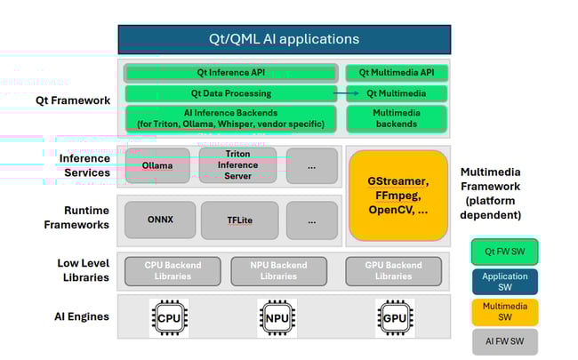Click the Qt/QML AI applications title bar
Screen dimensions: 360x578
click(284, 39)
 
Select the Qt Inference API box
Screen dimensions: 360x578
click(230, 73)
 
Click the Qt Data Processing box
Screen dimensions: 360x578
click(230, 93)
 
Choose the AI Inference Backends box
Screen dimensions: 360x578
click(230, 118)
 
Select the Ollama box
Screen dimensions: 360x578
click(157, 165)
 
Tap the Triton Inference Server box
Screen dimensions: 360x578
click(238, 165)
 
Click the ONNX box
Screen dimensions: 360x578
click(160, 220)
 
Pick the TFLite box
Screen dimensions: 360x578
click(239, 220)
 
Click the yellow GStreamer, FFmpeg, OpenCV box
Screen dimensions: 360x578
click(397, 196)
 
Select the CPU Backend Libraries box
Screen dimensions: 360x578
click(172, 271)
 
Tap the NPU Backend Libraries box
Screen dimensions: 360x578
click(278, 271)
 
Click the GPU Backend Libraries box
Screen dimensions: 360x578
click(393, 271)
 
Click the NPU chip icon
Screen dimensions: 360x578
click(277, 317)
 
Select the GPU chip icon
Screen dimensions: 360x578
click(392, 317)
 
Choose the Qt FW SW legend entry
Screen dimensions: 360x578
click(504, 252)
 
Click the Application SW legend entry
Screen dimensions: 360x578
click(504, 282)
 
